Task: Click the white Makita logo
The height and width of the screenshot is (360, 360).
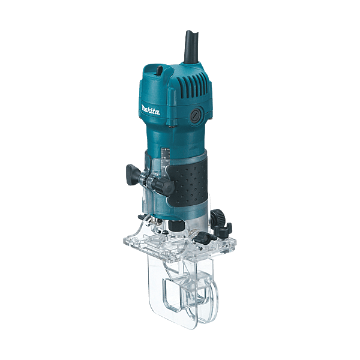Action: [151, 110]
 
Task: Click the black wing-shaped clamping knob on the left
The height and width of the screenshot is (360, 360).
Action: [133, 175]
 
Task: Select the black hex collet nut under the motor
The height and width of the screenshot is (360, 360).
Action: [176, 225]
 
